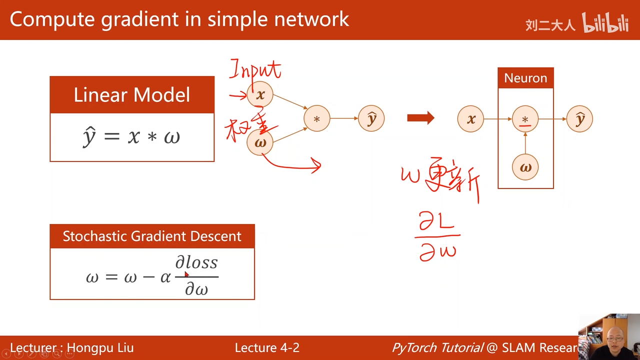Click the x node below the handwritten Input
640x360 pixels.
tap(260, 95)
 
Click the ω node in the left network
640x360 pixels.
tap(260, 142)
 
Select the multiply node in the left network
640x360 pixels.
tap(316, 119)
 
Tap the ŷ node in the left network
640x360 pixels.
tap(371, 119)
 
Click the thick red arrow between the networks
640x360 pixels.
tap(420, 118)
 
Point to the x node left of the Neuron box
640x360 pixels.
tap(470, 119)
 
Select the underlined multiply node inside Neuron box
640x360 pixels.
tap(525, 119)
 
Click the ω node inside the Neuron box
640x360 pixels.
tap(525, 167)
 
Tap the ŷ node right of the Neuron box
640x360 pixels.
tap(580, 119)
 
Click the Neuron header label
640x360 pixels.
tap(525, 78)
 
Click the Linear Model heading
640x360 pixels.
tap(132, 95)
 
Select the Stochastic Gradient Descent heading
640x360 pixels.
tap(152, 236)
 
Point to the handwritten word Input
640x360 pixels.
tap(255, 70)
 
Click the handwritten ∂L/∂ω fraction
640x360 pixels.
tap(438, 236)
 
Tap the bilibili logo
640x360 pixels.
tap(605, 23)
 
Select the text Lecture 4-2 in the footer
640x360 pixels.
tap(267, 348)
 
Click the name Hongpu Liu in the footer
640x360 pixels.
tap(100, 348)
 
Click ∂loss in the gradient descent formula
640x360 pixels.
tap(196, 263)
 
